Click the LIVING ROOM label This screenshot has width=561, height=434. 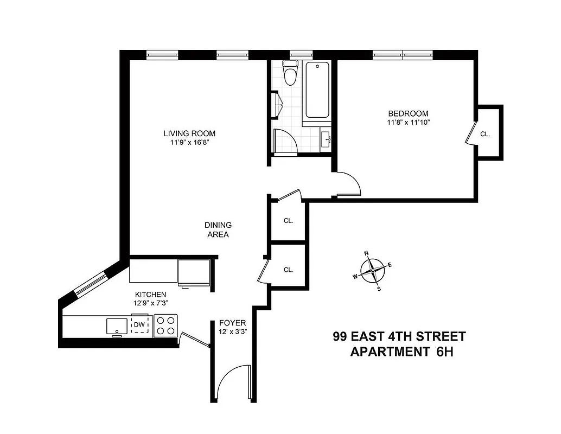click(190, 133)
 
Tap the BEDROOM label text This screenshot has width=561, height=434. click(408, 113)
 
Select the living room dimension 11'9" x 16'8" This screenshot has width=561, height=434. click(190, 143)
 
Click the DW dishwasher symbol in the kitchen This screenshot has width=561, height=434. click(139, 324)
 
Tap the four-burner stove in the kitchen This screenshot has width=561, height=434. click(165, 325)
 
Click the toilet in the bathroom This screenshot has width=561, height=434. click(291, 74)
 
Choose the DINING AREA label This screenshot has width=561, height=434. click(218, 230)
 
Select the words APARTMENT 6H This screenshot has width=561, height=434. click(401, 352)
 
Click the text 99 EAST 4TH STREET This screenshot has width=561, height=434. click(399, 336)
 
